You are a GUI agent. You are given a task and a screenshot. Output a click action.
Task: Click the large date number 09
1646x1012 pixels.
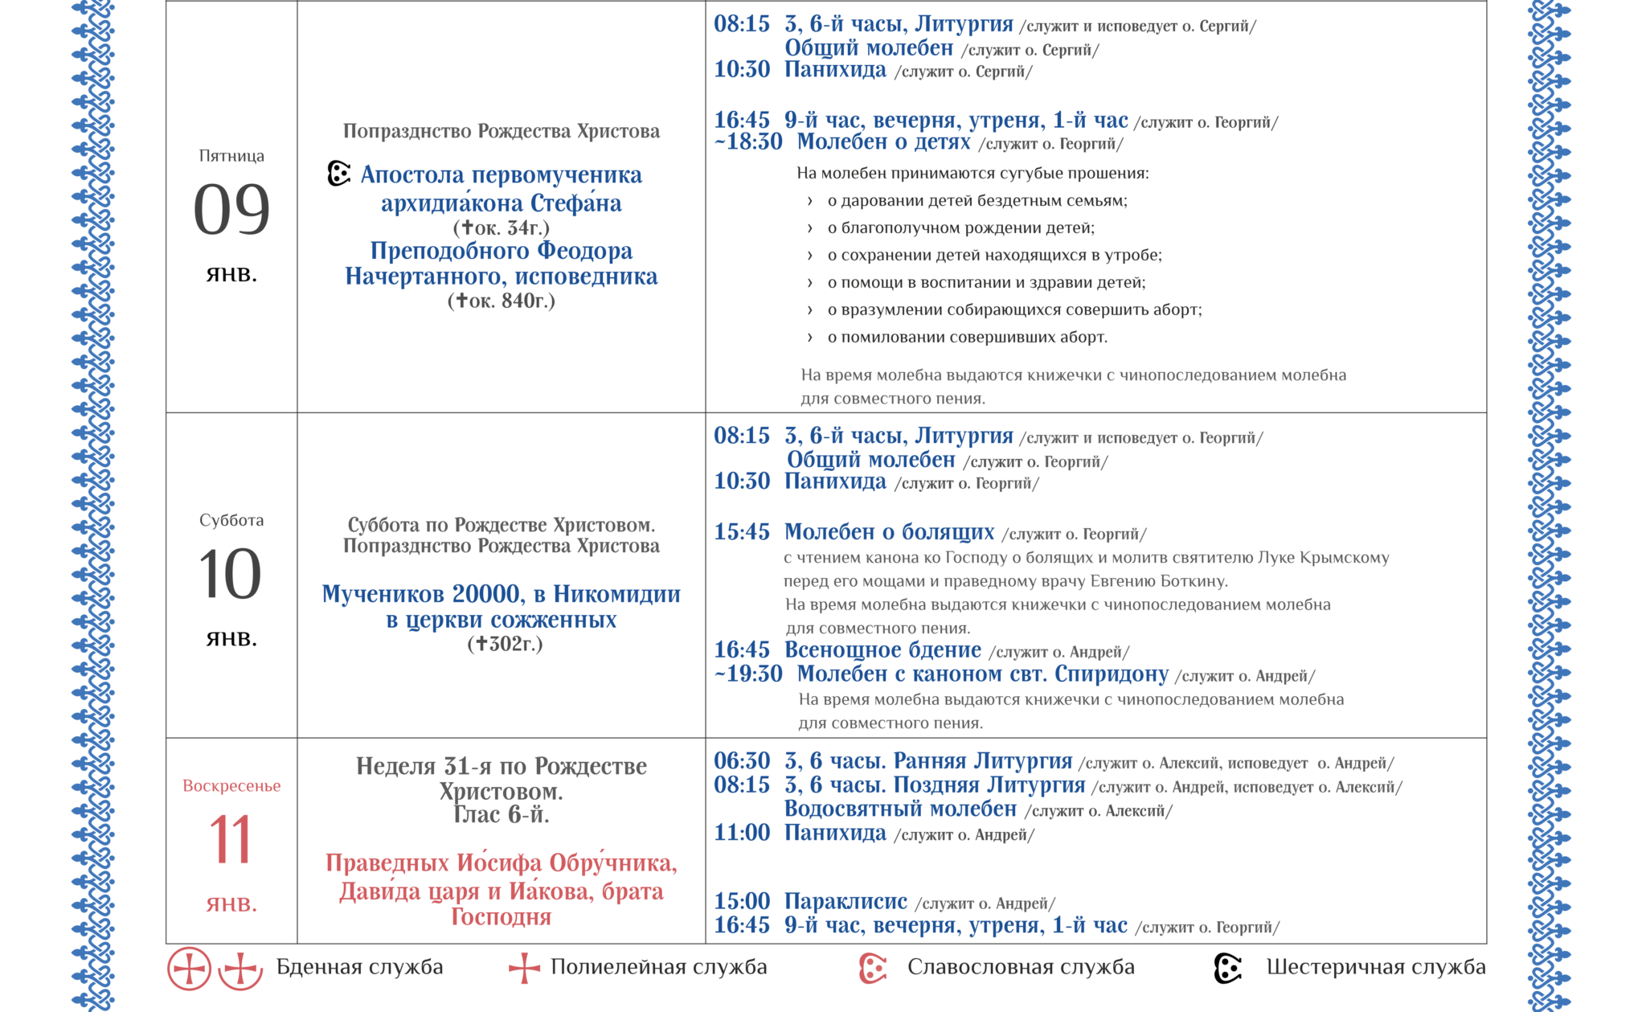point(231,209)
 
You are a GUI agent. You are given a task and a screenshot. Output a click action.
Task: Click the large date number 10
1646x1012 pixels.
point(231,573)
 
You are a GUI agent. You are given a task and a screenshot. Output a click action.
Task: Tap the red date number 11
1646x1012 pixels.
point(231,839)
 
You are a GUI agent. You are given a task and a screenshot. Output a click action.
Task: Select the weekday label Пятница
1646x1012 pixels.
point(231,156)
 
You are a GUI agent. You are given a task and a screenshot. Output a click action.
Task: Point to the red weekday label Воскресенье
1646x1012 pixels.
point(231,786)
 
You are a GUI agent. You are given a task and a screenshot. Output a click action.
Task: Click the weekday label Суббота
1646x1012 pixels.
point(231,520)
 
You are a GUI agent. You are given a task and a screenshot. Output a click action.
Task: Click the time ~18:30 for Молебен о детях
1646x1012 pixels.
point(748,142)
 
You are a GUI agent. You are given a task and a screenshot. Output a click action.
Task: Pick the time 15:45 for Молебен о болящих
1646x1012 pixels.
point(742,532)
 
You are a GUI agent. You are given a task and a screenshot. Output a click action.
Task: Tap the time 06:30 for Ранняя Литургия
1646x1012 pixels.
point(742,761)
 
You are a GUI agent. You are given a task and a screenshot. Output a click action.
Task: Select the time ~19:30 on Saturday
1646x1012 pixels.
point(748,674)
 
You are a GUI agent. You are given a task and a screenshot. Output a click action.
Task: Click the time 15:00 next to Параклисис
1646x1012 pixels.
point(742,902)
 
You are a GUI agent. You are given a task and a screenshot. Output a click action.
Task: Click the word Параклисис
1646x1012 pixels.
point(846,902)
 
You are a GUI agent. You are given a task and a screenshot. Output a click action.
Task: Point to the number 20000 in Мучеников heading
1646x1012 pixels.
point(486,594)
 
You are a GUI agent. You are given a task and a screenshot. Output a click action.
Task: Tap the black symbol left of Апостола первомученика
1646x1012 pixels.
point(339,174)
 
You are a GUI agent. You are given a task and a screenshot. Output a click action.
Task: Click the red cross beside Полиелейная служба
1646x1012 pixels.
point(524,968)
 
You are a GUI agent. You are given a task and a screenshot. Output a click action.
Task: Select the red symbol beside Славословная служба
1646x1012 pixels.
point(872,968)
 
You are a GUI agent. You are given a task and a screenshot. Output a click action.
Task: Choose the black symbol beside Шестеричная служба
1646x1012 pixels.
point(1228,968)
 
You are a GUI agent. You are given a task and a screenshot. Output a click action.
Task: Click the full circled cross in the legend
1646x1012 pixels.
point(189,968)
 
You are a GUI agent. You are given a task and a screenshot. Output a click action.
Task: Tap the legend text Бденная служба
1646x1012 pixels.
point(359,967)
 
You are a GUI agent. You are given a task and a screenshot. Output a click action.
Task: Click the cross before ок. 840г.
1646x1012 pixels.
point(461,301)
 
